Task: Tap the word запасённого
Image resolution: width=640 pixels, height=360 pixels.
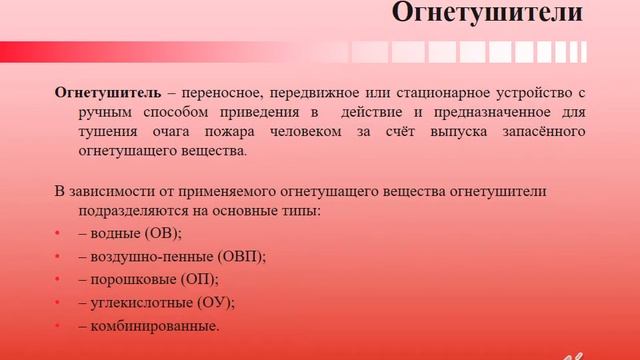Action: point(533,132)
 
